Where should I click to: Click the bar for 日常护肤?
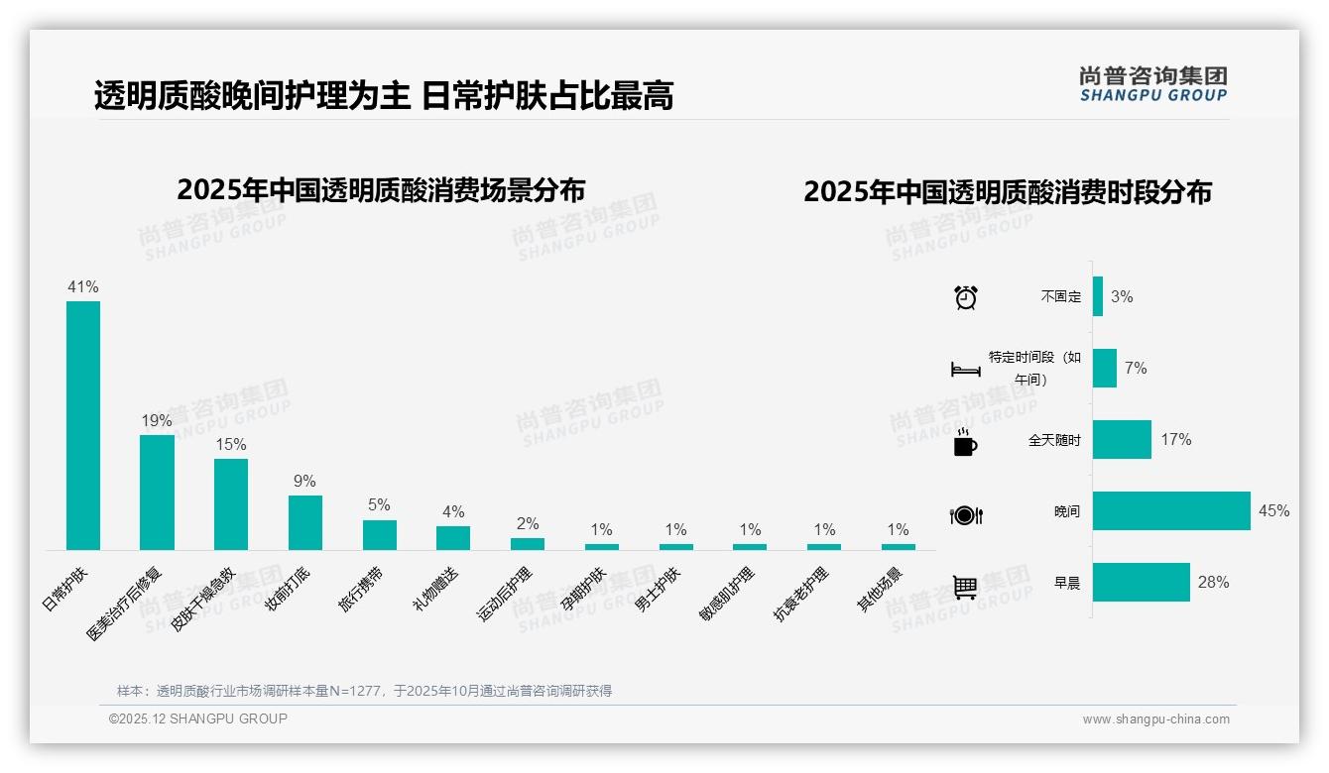83,425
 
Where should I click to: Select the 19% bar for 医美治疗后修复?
157,492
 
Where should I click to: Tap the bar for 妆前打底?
305,522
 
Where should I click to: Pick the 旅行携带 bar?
379,535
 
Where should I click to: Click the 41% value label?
83,287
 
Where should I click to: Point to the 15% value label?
231,445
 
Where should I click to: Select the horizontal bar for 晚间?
1171,511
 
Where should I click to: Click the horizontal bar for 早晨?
1141,583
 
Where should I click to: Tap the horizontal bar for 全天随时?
1122,440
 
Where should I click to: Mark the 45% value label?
1274,511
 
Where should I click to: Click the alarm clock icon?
966,297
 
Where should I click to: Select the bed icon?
966,370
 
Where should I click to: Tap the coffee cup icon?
965,442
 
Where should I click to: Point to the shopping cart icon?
965,588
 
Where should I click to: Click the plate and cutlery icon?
966,515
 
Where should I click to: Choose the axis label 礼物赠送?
436,588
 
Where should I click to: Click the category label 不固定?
1061,296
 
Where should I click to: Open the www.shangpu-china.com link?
1155,719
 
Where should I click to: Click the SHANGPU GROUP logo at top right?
1152,84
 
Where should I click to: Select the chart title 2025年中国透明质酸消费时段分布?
1008,192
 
